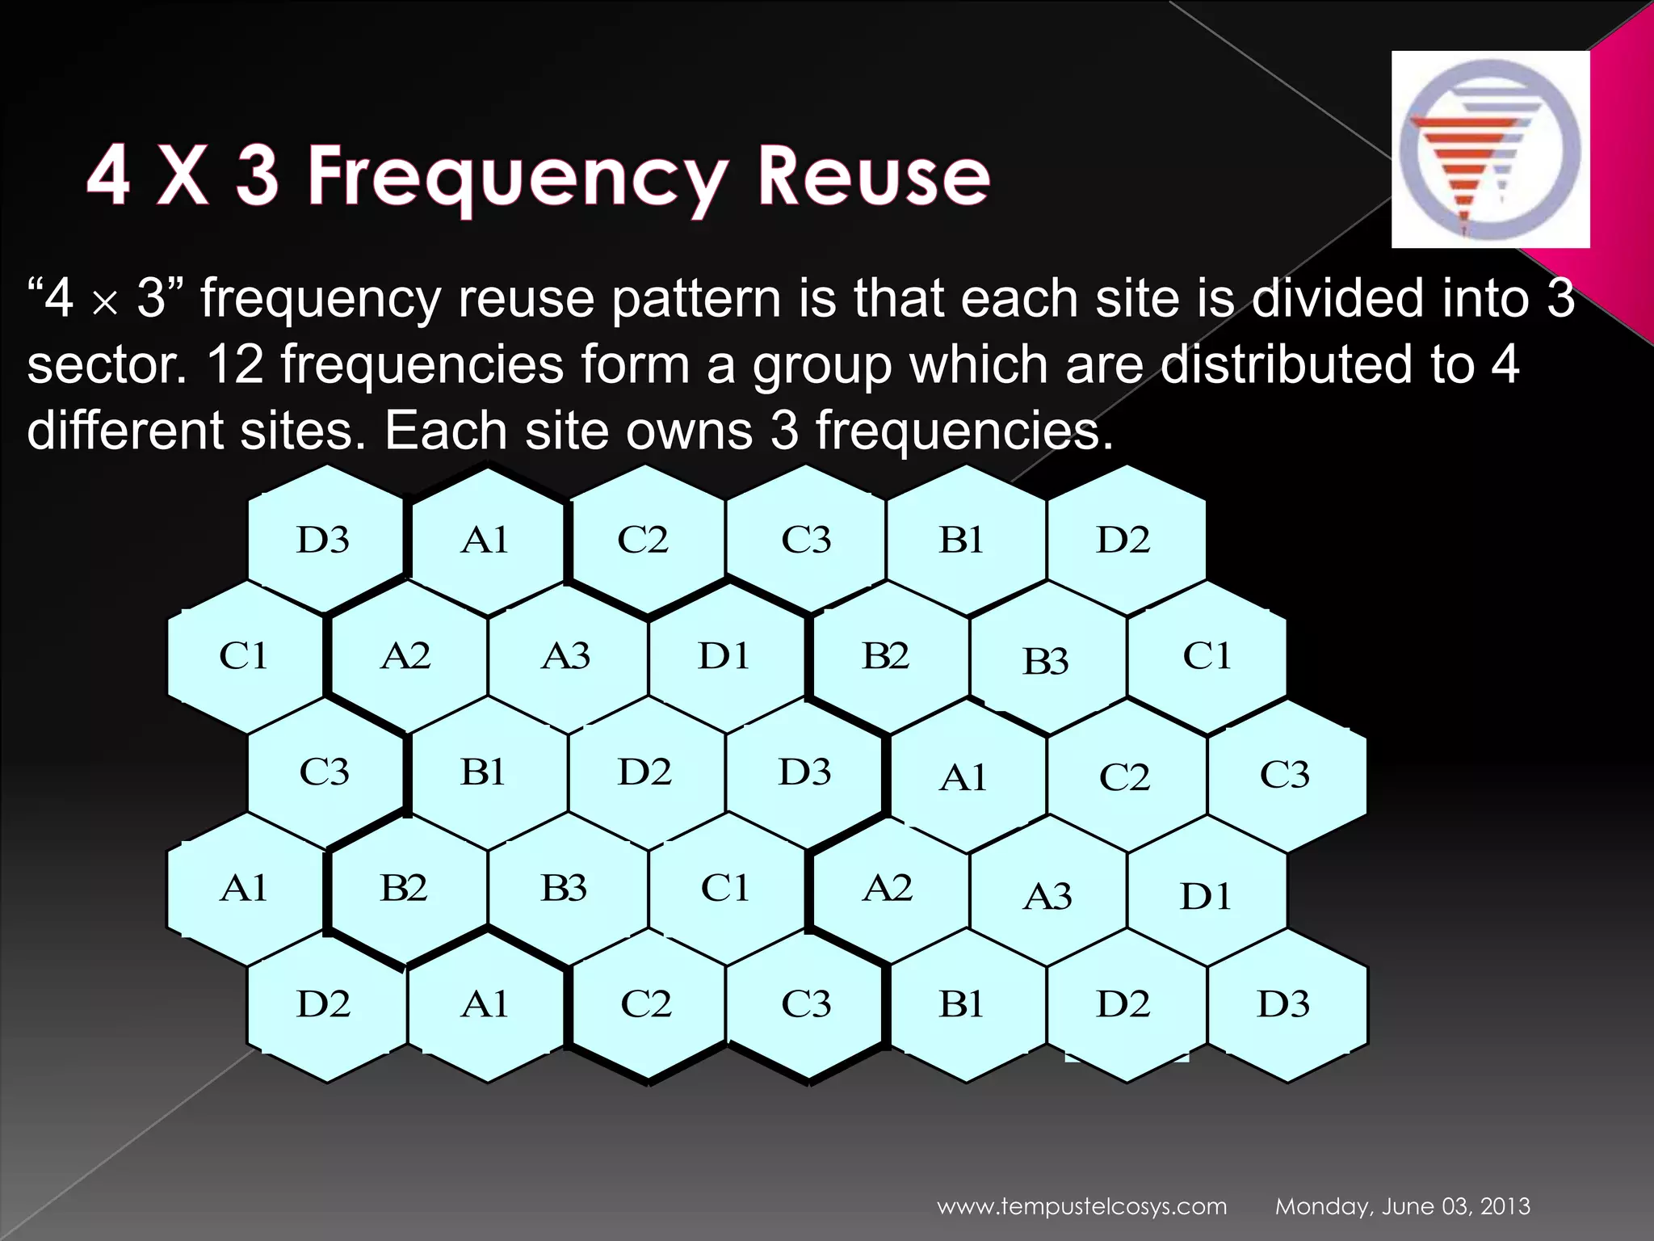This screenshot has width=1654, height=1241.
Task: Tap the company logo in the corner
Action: pyautogui.click(x=1490, y=149)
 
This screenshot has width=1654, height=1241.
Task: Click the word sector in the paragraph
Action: pyautogui.click(x=105, y=365)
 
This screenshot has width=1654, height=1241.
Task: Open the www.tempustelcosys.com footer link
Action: pyautogui.click(x=1081, y=1207)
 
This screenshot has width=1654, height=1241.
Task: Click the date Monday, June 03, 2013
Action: pyautogui.click(x=1402, y=1207)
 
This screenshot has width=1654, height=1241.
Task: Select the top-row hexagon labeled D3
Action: pyautogui.click(x=324, y=540)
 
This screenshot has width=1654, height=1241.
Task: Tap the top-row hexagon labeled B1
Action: pyautogui.click(x=962, y=540)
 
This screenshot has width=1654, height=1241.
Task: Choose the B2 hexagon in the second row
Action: pyautogui.click(x=886, y=656)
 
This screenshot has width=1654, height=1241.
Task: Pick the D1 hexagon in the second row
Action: pyautogui.click(x=724, y=656)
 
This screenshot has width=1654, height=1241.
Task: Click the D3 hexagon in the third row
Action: pyautogui.click(x=805, y=772)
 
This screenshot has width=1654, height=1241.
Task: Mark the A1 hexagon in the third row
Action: pyautogui.click(x=964, y=778)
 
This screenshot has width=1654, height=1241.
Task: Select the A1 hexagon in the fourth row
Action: pyautogui.click(x=244, y=889)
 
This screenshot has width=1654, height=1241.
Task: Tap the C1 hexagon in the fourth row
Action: pyautogui.click(x=725, y=889)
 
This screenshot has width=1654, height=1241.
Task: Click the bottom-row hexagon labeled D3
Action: pyautogui.click(x=1284, y=1004)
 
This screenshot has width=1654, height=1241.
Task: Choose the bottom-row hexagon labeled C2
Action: pyautogui.click(x=646, y=1004)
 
